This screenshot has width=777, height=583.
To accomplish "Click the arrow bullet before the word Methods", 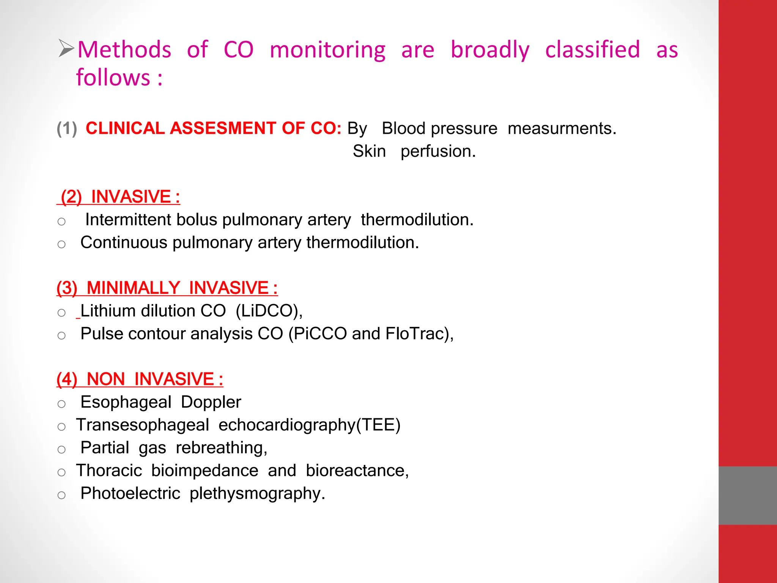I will tap(66, 49).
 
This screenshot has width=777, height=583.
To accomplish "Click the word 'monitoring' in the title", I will tap(327, 50).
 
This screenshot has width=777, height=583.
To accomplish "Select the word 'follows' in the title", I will tap(113, 78).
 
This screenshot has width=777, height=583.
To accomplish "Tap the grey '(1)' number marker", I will tap(67, 128).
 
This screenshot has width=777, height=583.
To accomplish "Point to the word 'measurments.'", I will tap(562, 128).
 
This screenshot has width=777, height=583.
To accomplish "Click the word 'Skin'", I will tap(369, 151).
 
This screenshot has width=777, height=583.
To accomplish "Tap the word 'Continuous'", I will tap(124, 242).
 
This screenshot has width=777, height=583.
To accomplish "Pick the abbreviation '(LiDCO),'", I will tap(269, 311).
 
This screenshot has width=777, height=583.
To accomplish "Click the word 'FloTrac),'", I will tap(420, 334).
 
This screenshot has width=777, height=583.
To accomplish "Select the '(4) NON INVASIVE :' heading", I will tap(140, 379).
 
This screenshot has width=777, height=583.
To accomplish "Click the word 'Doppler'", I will tap(211, 402).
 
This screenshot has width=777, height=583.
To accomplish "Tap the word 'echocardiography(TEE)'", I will tap(309, 425).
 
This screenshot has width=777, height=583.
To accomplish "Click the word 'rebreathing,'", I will tap(222, 448).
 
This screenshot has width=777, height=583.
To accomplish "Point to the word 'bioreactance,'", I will tap(357, 471).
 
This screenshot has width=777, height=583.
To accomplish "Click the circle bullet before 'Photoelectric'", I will tap(61, 495).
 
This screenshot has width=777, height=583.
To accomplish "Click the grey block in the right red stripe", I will tap(747, 495).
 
